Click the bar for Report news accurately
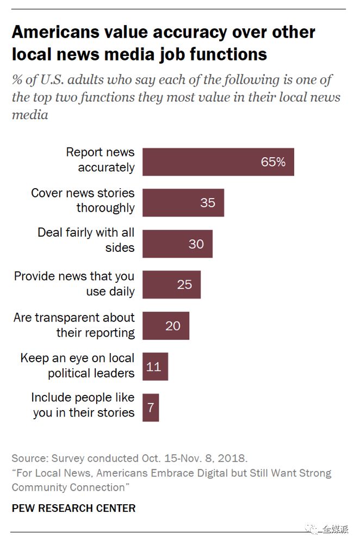(218, 162)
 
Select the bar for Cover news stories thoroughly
(183, 202)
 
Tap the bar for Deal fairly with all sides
(177, 244)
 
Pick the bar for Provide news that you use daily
(171, 284)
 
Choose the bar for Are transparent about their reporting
(166, 326)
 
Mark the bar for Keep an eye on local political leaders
(155, 367)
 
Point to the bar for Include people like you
(151, 408)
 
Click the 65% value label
(272, 162)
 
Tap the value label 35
(207, 203)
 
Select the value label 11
(154, 367)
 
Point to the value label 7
(151, 408)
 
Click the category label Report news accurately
(100, 160)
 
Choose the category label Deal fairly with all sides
(86, 240)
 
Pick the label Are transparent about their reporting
(75, 325)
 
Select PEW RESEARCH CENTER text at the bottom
(73, 509)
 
